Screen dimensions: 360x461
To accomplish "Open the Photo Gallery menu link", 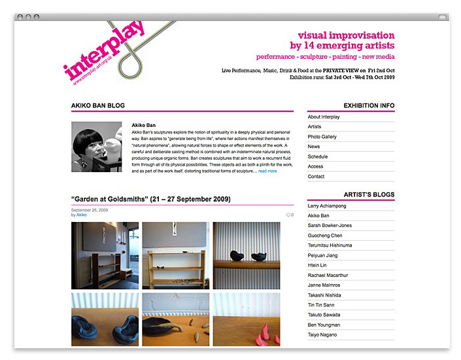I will [x=322, y=137].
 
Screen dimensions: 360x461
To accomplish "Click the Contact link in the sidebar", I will [x=316, y=177].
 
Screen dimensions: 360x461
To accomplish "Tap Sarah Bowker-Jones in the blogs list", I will [x=330, y=225].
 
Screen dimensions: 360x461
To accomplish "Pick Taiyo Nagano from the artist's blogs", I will [x=323, y=334].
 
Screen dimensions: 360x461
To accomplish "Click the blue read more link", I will [x=267, y=171].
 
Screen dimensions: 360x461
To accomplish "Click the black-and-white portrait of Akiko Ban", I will [x=96, y=147].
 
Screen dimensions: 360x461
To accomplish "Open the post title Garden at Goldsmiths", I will [x=150, y=199].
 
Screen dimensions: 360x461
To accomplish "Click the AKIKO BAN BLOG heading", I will [x=98, y=105].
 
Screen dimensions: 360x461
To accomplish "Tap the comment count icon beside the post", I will [x=289, y=215].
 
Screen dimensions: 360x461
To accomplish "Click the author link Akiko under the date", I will [x=81, y=215].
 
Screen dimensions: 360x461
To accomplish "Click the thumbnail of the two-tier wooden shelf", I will [x=175, y=255].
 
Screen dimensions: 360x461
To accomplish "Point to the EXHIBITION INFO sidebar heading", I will [x=369, y=105].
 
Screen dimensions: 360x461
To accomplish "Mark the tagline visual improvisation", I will [x=346, y=35].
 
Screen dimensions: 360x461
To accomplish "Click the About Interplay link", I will [x=323, y=117].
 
